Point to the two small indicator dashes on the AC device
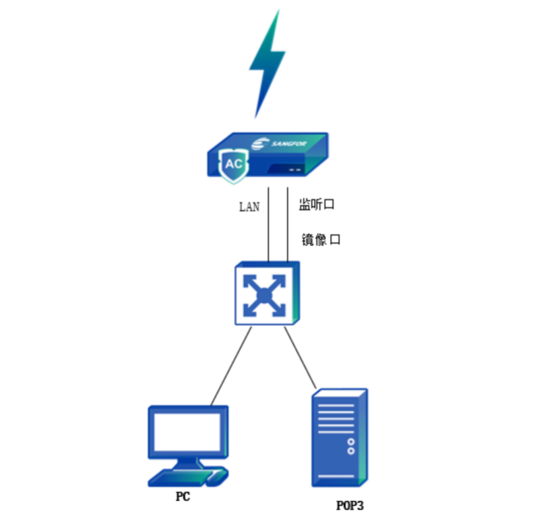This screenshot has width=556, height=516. (x=295, y=170)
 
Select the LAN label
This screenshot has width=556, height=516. (x=249, y=207)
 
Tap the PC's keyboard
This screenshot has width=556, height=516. (x=177, y=477)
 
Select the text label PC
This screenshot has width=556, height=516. (x=182, y=496)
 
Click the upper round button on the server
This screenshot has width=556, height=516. (x=350, y=442)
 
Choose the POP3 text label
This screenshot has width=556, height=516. (x=350, y=505)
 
